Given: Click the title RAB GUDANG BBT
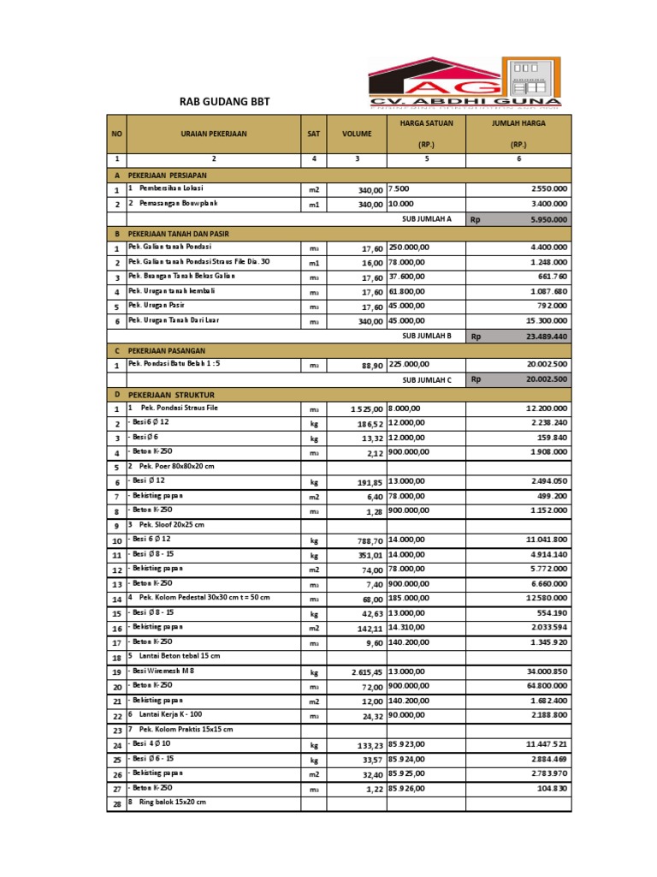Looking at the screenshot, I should tap(224, 102).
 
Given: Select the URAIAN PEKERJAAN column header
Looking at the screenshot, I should tap(214, 134).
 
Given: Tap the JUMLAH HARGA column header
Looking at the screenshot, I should tap(518, 123).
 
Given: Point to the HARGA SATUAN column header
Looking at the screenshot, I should tap(426, 123).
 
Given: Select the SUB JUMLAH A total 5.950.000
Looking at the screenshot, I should tap(548, 219).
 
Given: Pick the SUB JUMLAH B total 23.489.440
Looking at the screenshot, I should tap(547, 337).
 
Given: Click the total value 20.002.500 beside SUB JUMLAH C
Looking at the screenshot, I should tap(547, 379).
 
